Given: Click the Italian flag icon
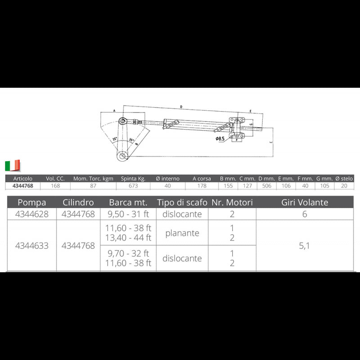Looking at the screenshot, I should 13,165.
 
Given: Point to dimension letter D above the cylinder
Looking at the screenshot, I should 180,107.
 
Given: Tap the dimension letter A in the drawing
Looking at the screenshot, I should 114,110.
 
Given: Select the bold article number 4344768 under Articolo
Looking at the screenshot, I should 22,185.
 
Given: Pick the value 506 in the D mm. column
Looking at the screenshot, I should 267,185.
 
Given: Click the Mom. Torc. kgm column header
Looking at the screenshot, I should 93,179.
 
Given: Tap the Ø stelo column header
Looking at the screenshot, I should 344,179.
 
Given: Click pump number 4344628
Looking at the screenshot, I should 31,214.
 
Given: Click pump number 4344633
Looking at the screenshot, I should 31,246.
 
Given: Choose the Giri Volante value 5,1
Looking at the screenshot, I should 305,246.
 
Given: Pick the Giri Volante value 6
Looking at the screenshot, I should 305,214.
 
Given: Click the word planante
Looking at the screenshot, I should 182,233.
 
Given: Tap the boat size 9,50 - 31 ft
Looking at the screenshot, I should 128,214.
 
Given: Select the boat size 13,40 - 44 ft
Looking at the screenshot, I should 128,238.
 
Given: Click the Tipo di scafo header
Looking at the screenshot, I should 182,202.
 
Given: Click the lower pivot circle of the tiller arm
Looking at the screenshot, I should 123,156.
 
